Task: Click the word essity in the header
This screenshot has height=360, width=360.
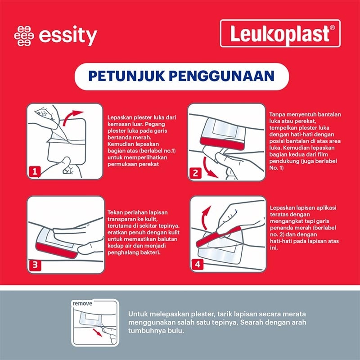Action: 68,36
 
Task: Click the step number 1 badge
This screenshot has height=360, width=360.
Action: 35,171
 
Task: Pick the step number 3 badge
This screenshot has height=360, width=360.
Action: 35,265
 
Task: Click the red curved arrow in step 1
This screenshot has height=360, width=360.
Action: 72,117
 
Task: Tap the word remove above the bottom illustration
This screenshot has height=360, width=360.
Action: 82,304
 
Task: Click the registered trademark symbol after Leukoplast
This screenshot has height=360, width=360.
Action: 332,28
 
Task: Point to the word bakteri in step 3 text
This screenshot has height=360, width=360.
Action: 154,253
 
